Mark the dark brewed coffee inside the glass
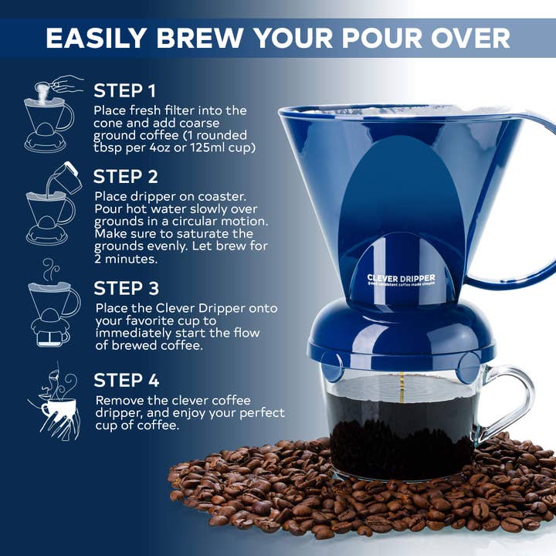pos(402,432)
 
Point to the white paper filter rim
pos(402,110)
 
